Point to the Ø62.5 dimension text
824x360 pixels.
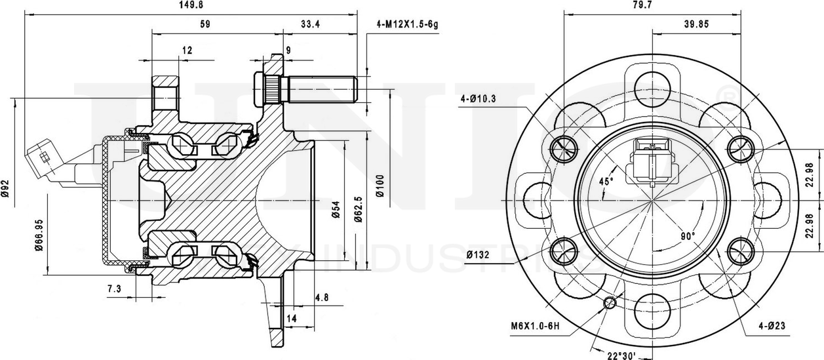tap(358, 210)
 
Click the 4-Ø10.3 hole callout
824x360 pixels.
tap(479, 99)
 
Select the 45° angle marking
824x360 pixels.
tap(606, 180)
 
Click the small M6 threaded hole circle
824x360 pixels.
tap(610, 302)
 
